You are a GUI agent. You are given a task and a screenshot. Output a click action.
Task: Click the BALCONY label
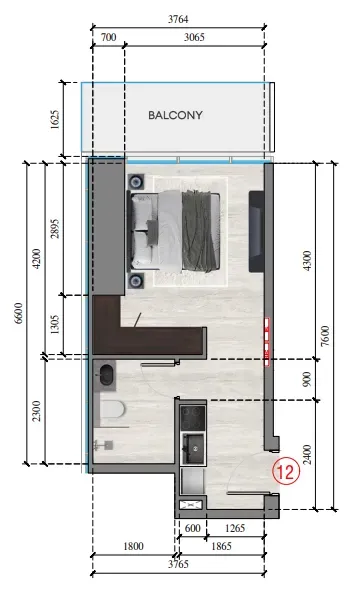click(175, 115)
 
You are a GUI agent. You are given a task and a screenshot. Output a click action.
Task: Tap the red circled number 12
click(286, 472)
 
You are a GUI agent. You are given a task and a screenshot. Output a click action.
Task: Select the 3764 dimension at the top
click(178, 19)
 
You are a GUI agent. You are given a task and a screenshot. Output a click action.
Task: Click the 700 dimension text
click(108, 37)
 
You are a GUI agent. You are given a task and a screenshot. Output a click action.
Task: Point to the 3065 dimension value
click(194, 37)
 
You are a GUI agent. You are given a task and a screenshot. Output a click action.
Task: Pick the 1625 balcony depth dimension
click(55, 119)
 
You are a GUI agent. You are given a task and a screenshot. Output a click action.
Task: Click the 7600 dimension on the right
click(325, 336)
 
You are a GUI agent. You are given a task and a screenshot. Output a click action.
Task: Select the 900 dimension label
click(307, 379)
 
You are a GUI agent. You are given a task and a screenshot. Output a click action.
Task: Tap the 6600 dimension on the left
click(18, 313)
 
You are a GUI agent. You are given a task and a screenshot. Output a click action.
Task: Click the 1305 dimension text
click(55, 324)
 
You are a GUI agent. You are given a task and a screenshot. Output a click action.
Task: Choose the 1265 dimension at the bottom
click(235, 528)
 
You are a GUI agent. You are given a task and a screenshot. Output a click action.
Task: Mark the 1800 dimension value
click(133, 546)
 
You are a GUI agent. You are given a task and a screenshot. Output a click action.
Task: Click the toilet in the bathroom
click(113, 410)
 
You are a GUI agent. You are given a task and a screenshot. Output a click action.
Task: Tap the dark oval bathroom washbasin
click(106, 374)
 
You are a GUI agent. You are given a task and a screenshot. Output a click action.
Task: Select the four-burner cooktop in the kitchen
click(193, 417)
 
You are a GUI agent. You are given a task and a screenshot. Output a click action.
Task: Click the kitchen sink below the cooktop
click(193, 449)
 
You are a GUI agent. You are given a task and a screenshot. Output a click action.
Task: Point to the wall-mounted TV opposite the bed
click(256, 231)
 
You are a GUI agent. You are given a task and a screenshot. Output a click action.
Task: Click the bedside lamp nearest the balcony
click(136, 182)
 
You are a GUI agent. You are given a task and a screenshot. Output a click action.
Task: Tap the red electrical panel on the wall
click(267, 342)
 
